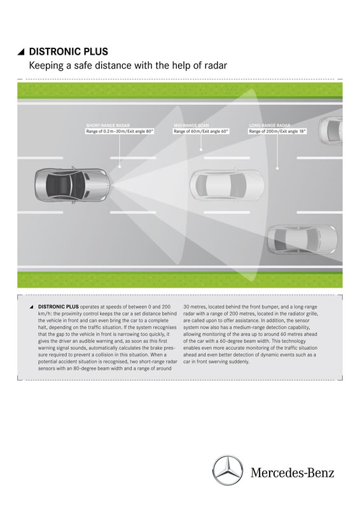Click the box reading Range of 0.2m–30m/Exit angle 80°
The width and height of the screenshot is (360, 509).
pos(120,132)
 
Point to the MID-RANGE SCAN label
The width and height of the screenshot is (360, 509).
pos(191,125)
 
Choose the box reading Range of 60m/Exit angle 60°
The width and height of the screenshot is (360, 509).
pos(201,132)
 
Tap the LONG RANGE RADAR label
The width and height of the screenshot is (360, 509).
pos(270,125)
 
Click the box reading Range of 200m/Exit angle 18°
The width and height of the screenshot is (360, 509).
pos(277,132)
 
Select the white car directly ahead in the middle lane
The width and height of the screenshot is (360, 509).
pos(226,185)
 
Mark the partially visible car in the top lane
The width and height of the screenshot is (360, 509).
pos(331,129)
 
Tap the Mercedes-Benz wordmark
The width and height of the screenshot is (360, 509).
pos(292,473)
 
